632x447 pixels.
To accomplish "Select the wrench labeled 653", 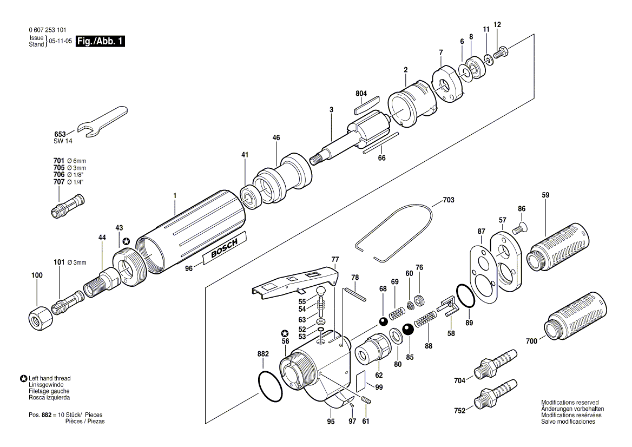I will point(102,120).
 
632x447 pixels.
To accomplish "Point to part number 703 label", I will point(448,200).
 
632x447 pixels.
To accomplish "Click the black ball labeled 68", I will point(383,321).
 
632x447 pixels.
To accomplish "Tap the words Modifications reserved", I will point(570,403).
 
